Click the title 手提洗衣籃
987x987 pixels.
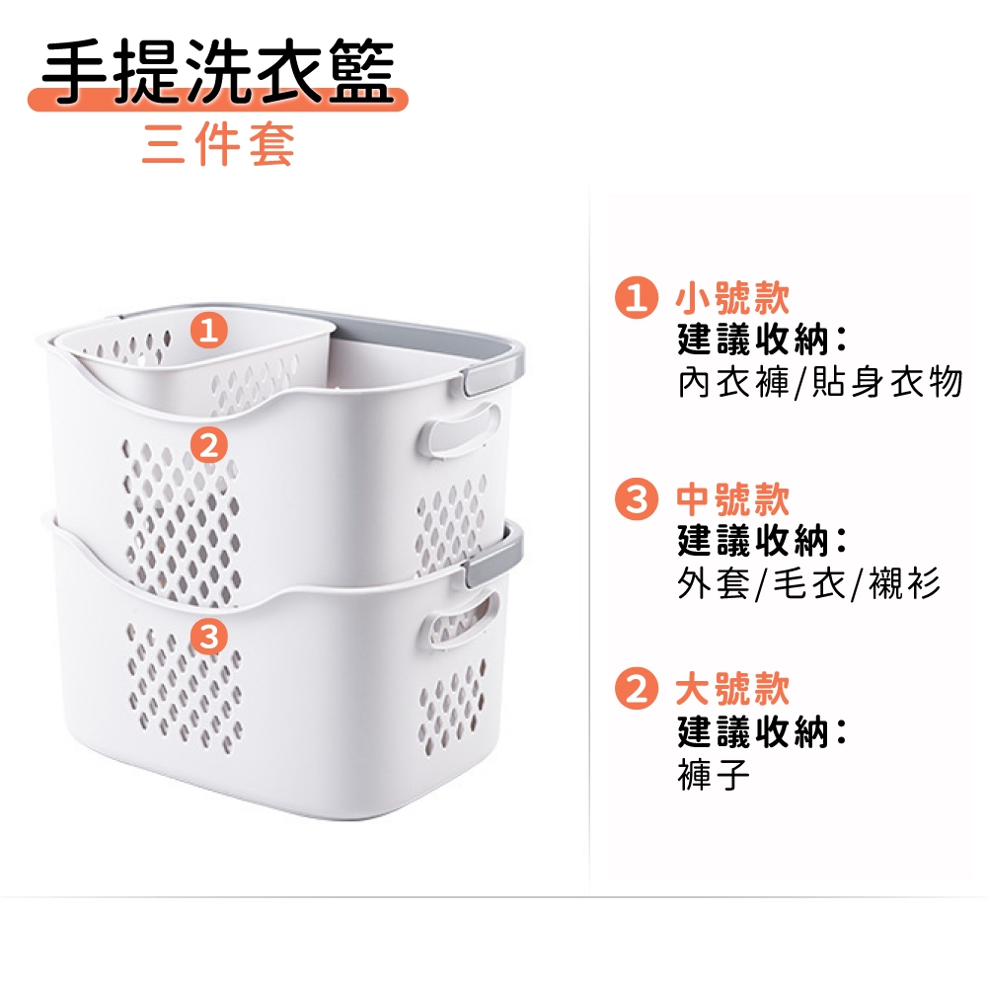pos(218,70)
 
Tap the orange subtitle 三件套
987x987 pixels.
pos(218,144)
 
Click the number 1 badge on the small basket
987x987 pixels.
pos(208,330)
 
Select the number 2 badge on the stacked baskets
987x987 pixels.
pos(208,446)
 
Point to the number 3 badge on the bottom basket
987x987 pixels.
pos(208,636)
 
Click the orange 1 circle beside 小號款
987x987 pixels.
pos(637,297)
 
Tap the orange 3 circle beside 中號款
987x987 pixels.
pos(637,498)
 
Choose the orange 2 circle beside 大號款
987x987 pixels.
pos(637,689)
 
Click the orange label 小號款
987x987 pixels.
pos(732,297)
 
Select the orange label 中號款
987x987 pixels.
pos(732,498)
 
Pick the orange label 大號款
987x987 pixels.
pos(732,689)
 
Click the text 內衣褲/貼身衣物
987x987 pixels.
pos(819,381)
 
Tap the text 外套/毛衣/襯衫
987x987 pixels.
pos(809,583)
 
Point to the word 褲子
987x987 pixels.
pos(714,774)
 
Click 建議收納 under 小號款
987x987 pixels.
pos(754,340)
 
